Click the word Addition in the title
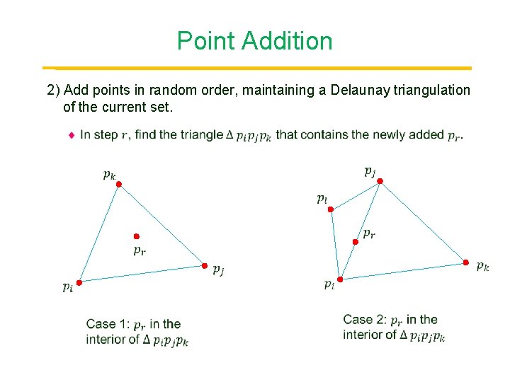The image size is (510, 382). (x=287, y=41)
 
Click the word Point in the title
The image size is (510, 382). (x=205, y=41)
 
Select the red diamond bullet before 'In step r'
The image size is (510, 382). (x=72, y=134)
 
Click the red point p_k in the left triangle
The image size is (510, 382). (x=119, y=184)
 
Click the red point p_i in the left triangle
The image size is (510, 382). (x=79, y=282)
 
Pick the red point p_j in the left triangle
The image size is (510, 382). (x=205, y=266)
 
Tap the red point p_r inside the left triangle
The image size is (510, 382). (x=137, y=236)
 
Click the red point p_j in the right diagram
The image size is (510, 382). (x=380, y=181)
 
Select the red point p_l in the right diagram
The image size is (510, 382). (x=331, y=208)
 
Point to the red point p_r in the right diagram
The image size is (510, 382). (x=356, y=242)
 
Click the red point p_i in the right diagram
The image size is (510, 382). (x=340, y=279)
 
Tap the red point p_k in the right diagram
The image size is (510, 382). (x=466, y=262)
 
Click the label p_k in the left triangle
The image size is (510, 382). (x=109, y=173)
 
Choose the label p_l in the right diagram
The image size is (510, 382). (x=322, y=199)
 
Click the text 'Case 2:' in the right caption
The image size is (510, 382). (x=367, y=320)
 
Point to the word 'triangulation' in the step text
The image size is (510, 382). (x=433, y=90)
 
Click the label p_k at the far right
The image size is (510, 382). (x=482, y=267)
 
